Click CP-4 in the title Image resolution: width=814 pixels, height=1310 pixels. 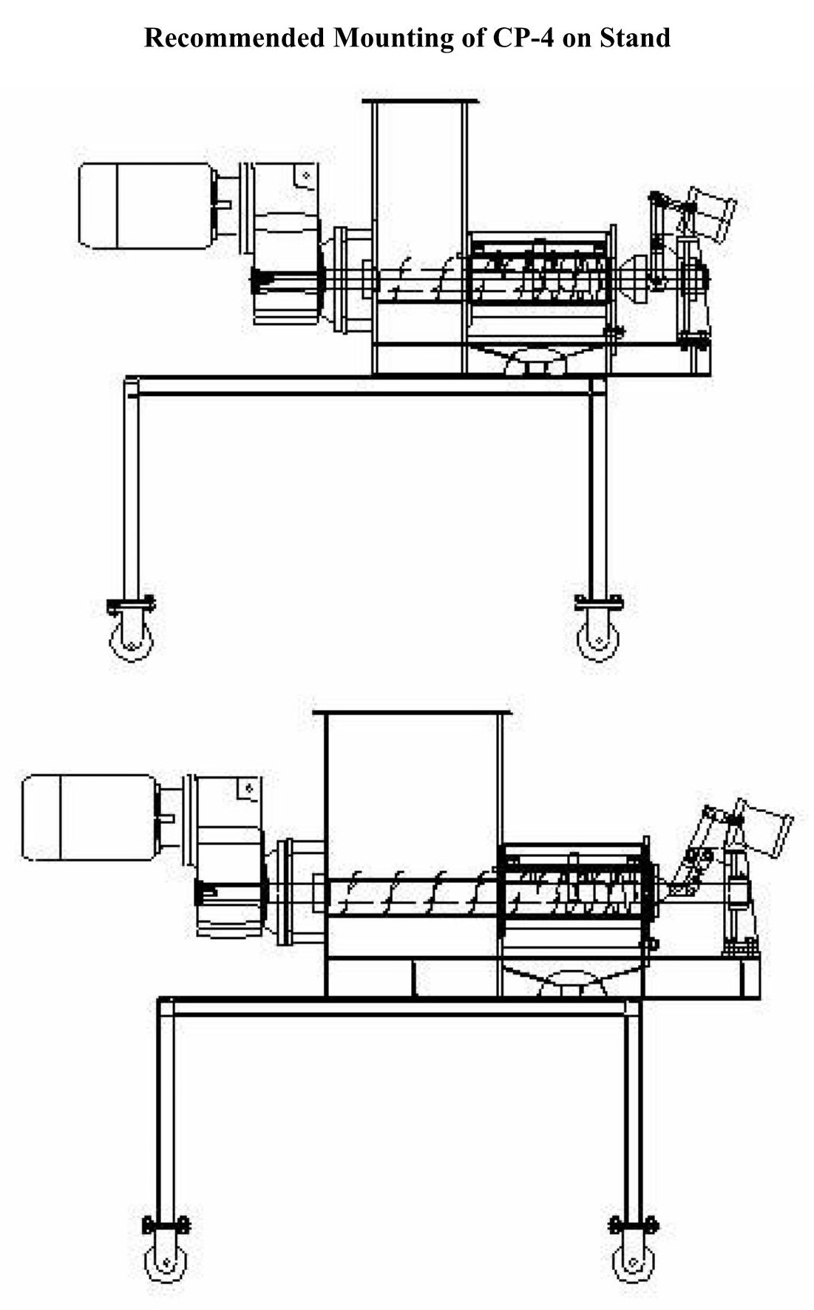(518, 37)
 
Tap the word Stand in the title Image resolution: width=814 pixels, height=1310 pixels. (634, 37)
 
